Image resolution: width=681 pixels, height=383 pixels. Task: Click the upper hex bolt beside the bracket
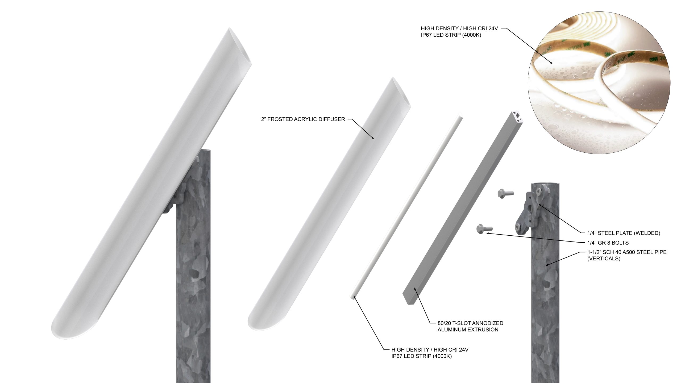pos(505,193)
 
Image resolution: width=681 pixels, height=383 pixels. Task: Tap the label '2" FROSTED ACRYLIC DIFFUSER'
pos(303,119)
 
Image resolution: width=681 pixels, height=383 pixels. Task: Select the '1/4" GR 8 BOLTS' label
pos(608,243)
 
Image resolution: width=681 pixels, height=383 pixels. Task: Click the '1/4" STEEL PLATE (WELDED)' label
pos(624,233)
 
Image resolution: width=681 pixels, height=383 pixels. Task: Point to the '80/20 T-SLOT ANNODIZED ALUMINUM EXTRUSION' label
pos(470,326)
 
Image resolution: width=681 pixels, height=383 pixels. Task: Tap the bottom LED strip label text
pos(430,353)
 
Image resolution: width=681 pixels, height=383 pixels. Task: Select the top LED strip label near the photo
pos(459,32)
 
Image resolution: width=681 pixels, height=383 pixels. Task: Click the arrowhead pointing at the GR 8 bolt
pos(487,233)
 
